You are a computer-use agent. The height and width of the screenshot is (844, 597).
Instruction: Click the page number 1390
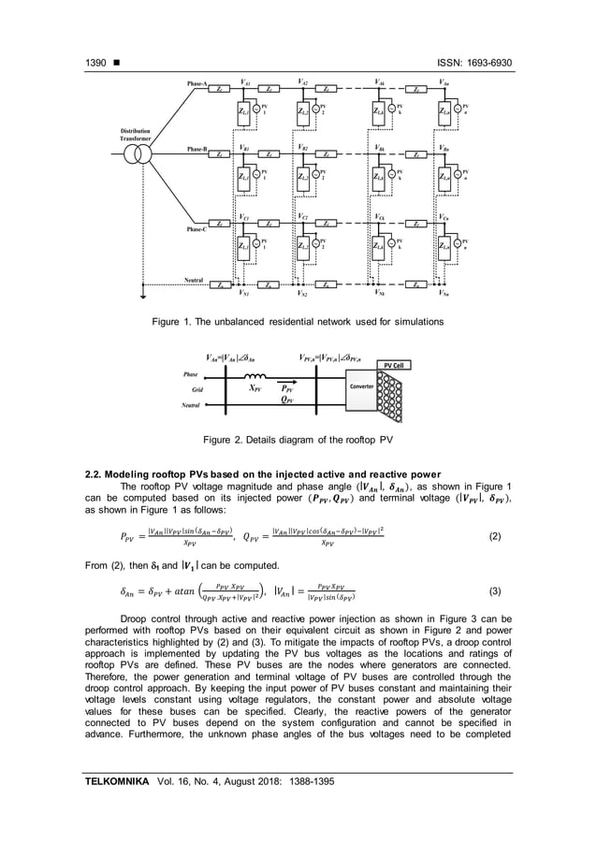(92, 63)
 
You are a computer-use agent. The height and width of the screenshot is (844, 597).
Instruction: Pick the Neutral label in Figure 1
(194, 280)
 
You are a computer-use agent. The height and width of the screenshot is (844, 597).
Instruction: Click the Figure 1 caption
(298, 322)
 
